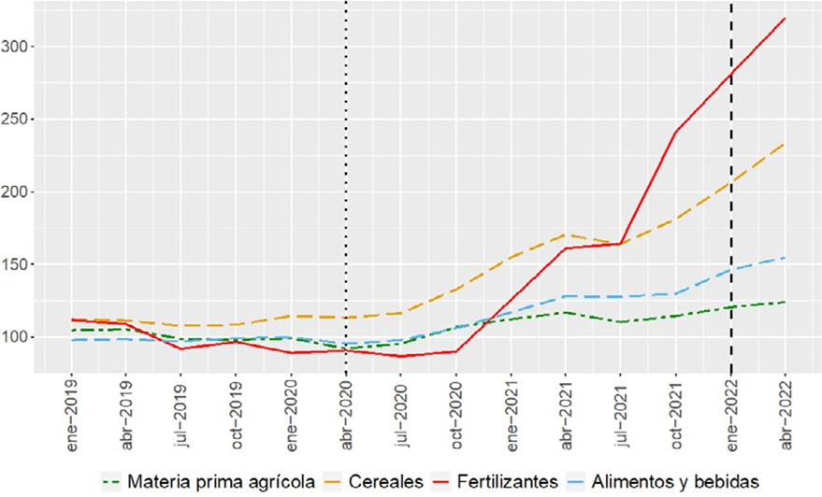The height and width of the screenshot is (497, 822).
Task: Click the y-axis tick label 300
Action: (x=17, y=47)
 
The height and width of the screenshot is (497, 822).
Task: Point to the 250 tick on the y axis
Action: (x=17, y=120)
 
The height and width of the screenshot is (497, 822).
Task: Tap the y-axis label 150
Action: (x=17, y=264)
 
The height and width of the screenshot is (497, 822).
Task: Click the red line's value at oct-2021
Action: (x=675, y=132)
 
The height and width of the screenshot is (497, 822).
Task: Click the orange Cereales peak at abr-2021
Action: (x=566, y=234)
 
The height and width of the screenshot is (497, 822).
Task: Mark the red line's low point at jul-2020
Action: (x=401, y=356)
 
